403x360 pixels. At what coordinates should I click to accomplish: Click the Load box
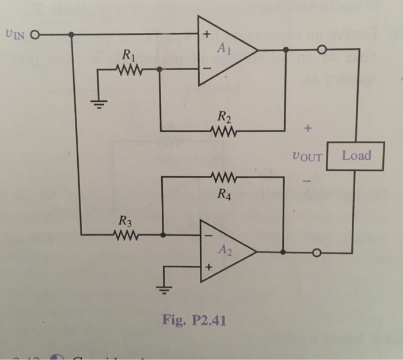pyautogui.click(x=355, y=155)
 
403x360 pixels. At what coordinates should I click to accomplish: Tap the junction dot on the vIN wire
pyautogui.click(x=72, y=35)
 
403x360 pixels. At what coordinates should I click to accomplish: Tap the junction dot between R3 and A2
pyautogui.click(x=164, y=235)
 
